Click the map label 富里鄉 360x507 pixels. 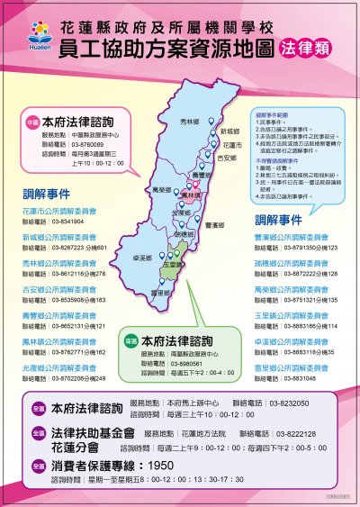tap(158, 294)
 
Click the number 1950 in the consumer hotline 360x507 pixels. tap(163, 466)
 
